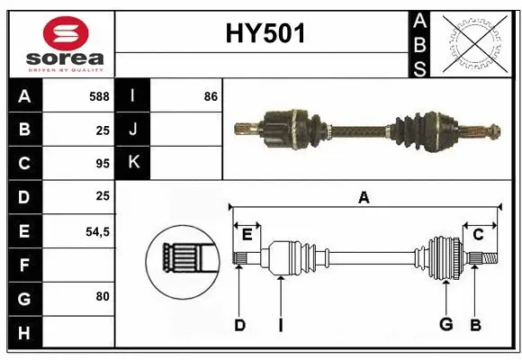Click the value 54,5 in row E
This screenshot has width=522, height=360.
[x=97, y=231]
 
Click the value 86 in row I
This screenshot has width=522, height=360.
[x=211, y=95]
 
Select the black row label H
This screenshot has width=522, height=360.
[x=24, y=333]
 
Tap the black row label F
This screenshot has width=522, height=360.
[x=24, y=265]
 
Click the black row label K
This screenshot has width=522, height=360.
[x=133, y=163]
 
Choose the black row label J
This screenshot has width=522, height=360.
[x=133, y=130]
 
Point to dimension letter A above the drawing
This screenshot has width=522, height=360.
[x=364, y=197]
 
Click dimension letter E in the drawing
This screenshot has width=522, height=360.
[x=247, y=234]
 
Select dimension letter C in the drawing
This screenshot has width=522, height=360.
[x=478, y=234]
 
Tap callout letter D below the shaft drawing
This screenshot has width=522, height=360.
[x=239, y=325]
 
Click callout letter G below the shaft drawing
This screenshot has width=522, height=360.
[x=445, y=325]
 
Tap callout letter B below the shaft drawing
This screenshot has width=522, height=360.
[x=476, y=325]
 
